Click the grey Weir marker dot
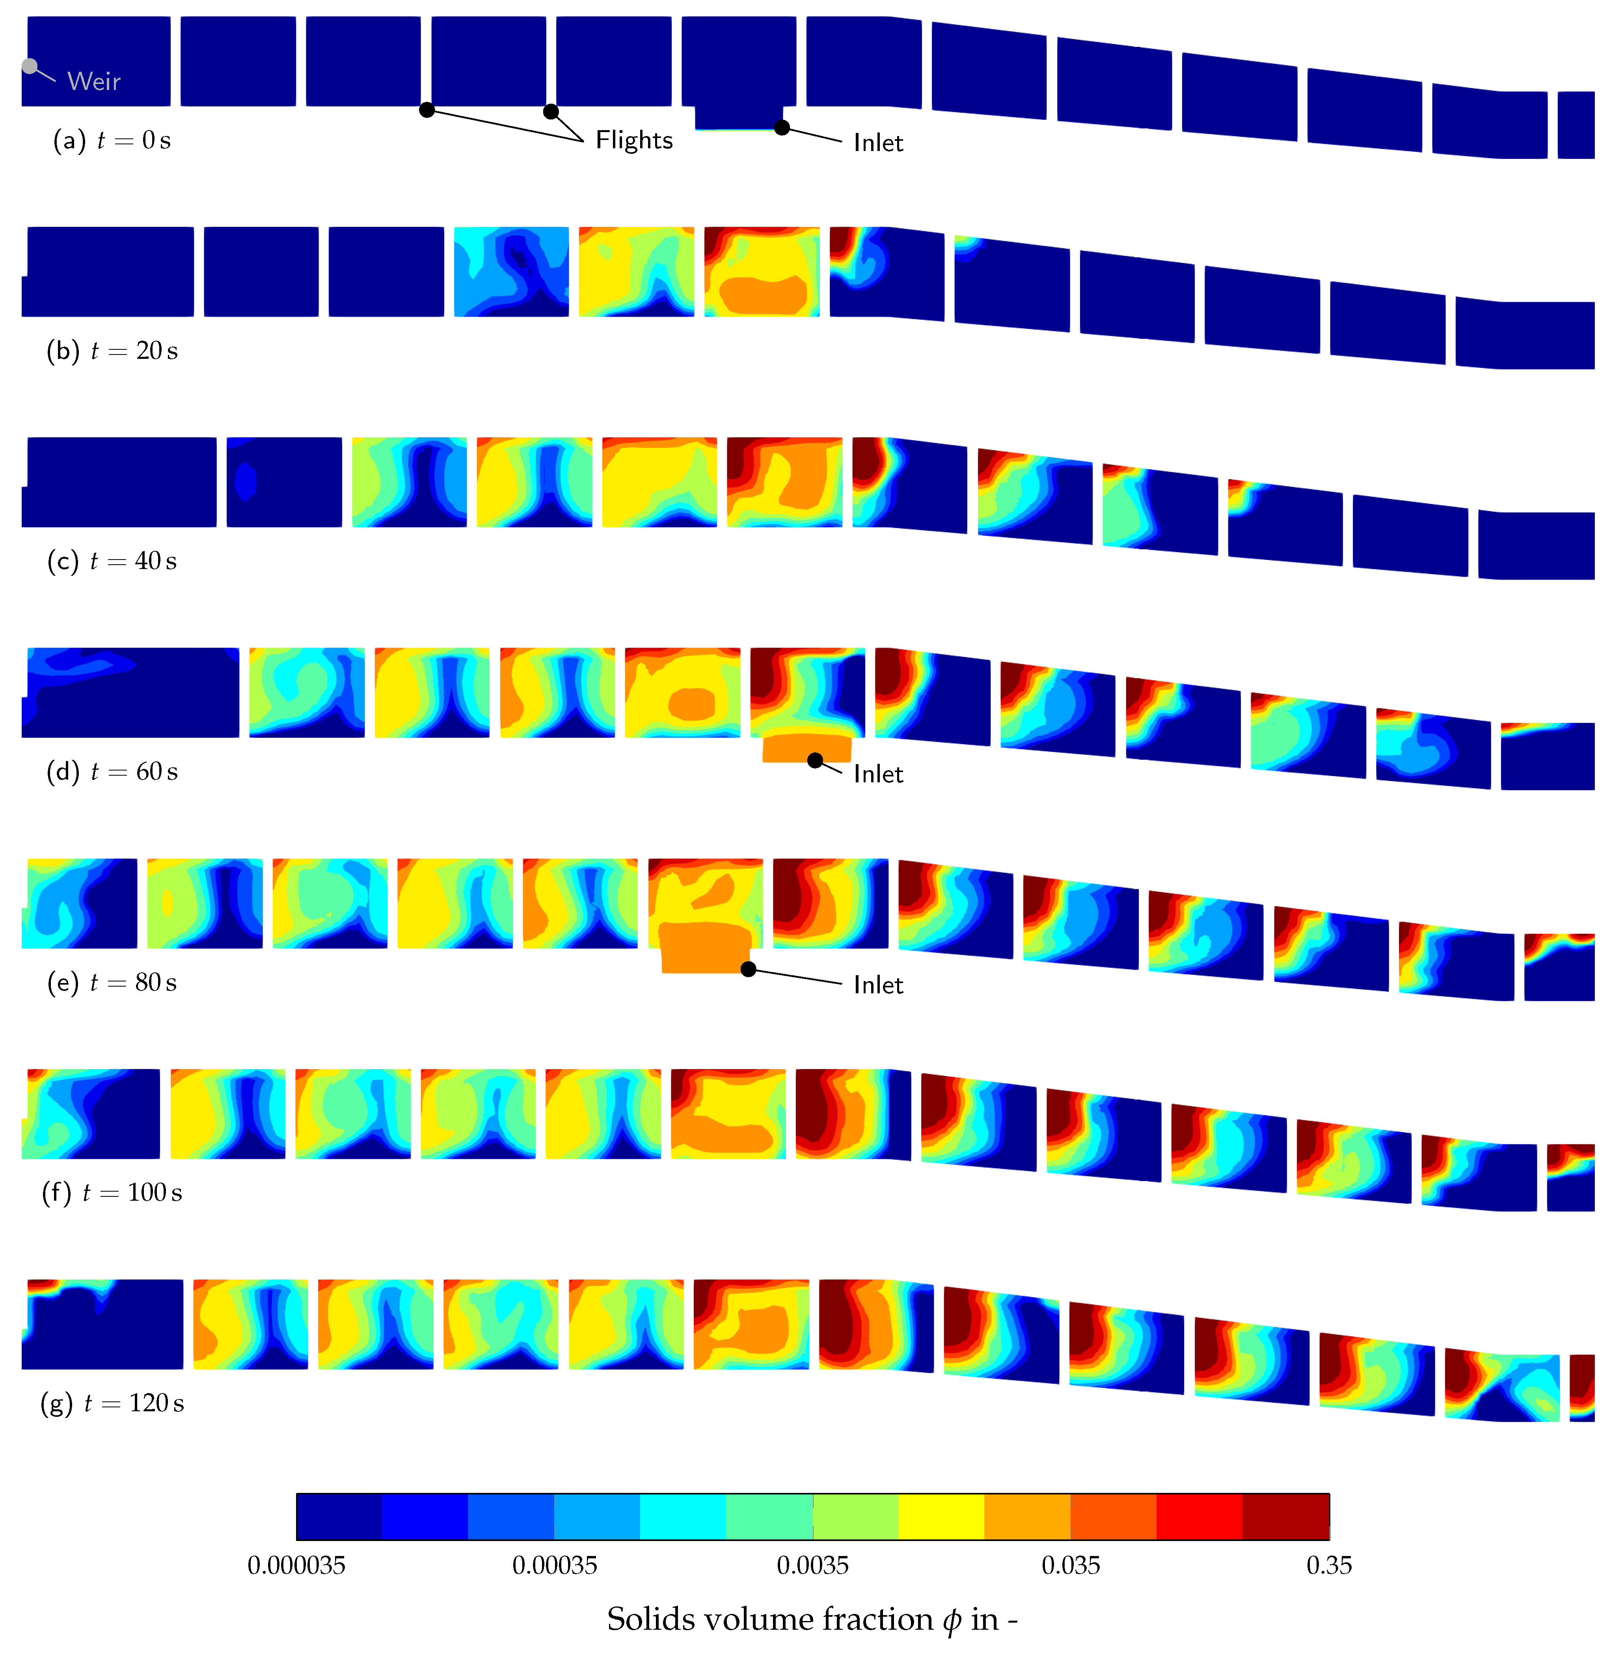coord(30,66)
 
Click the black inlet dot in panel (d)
coord(815,760)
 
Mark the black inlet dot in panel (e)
coord(748,969)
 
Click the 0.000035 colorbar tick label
coord(296,1565)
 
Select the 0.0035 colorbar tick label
coord(812,1565)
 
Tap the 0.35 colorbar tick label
coord(1328,1565)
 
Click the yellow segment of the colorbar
coord(941,1517)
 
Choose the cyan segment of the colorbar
coord(683,1517)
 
